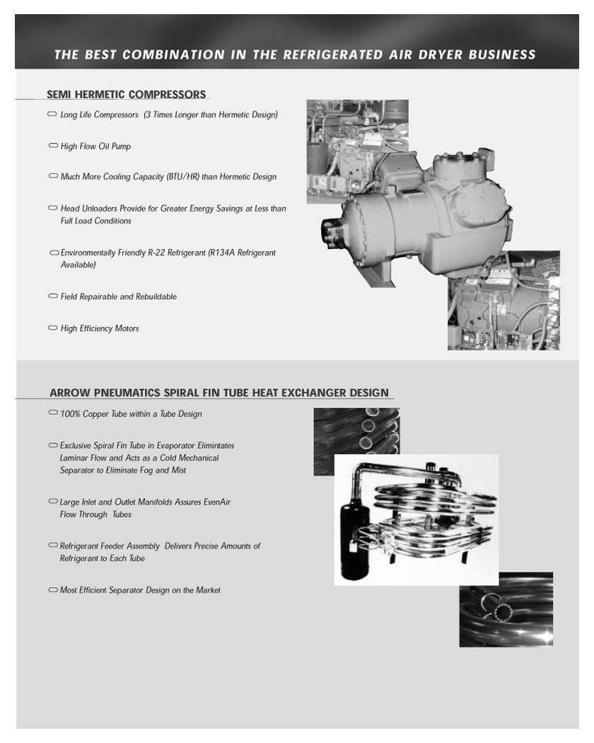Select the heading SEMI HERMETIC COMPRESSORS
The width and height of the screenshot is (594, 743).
(x=127, y=94)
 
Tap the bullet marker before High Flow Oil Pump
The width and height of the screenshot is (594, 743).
(x=53, y=146)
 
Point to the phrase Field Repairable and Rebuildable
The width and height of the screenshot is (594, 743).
(x=119, y=296)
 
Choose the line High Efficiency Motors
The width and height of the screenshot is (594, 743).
(x=100, y=328)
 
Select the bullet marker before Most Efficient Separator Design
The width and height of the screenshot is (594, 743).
(x=53, y=590)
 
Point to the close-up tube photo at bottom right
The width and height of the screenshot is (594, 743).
(x=506, y=609)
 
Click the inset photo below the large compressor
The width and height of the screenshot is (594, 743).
(x=503, y=301)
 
